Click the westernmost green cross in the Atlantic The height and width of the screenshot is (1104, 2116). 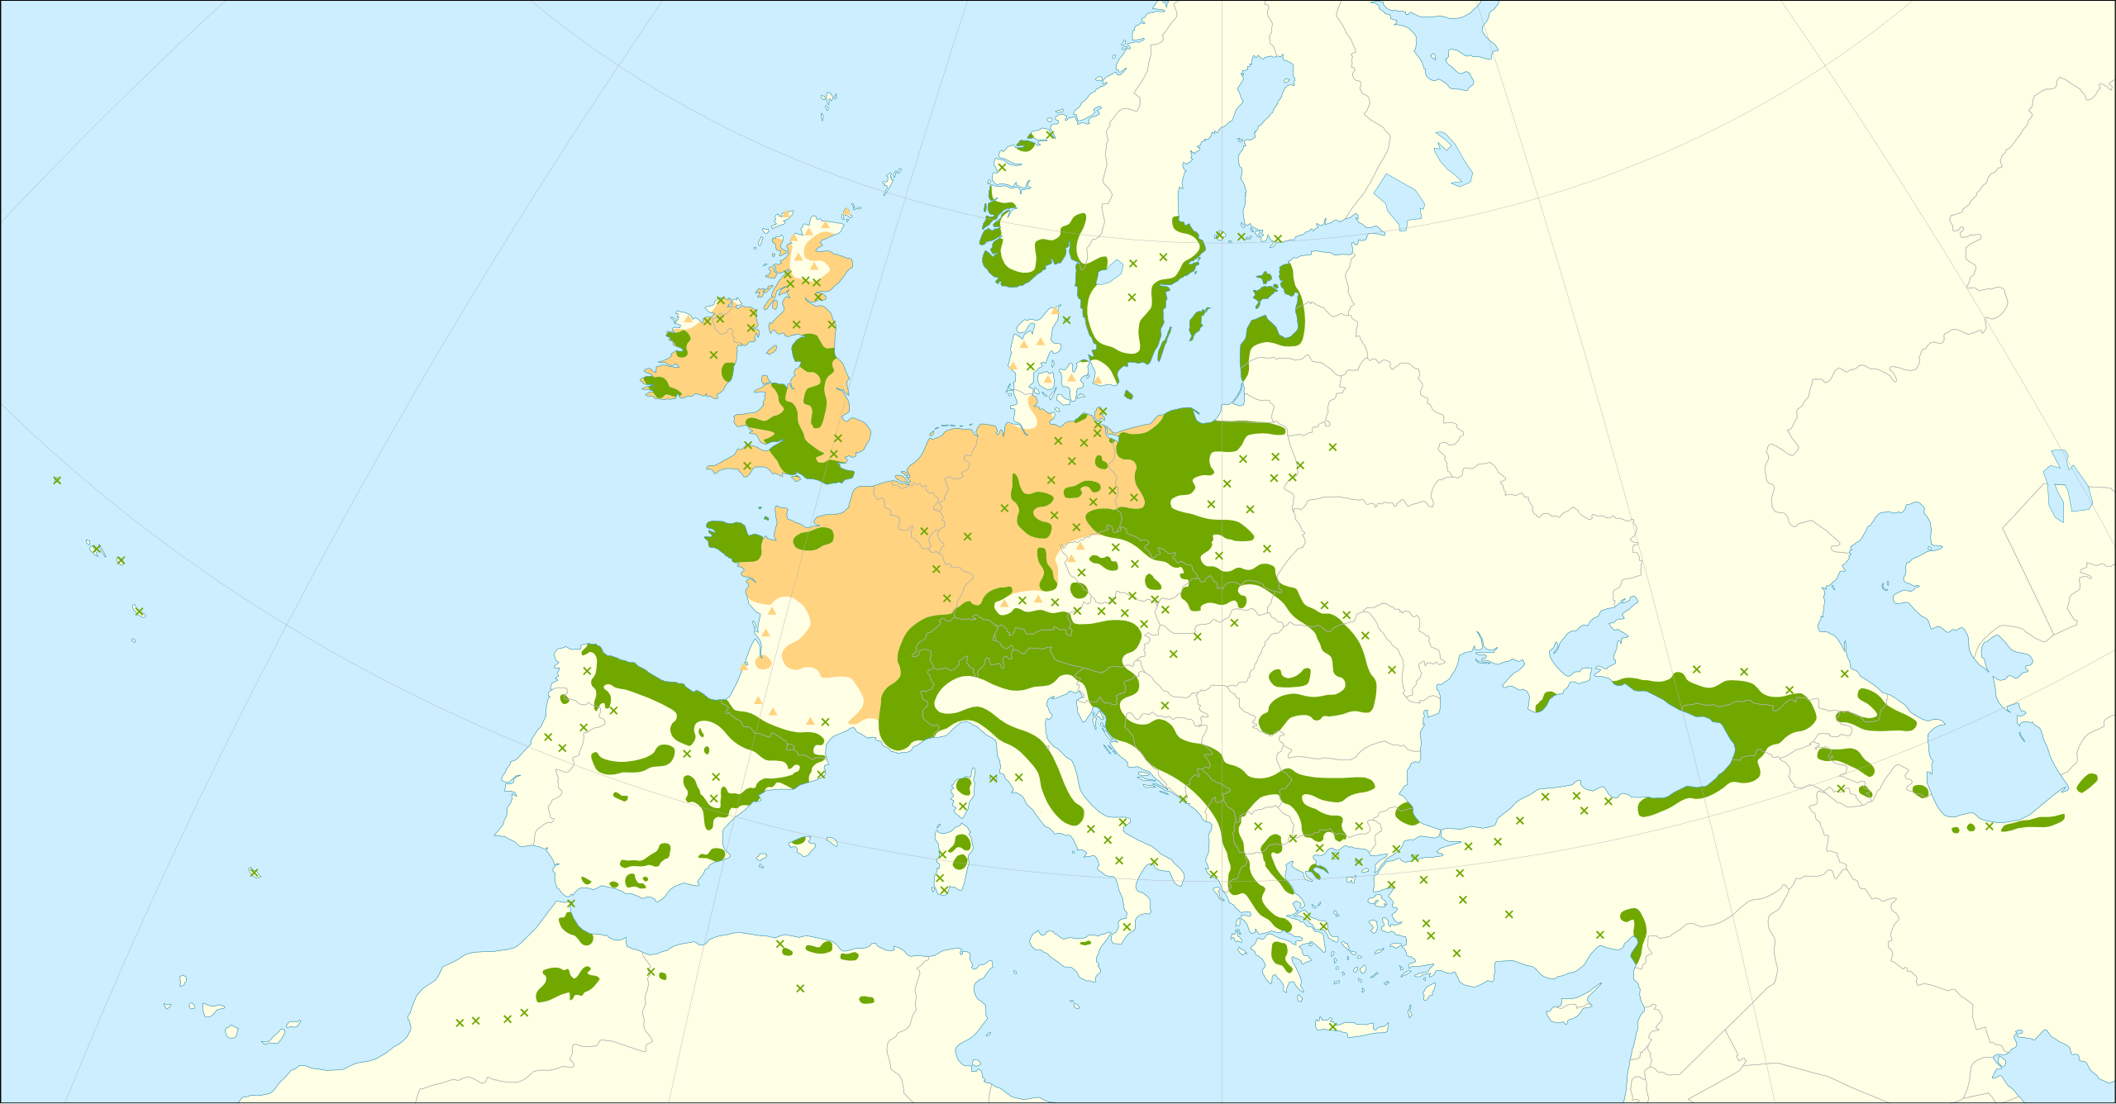click(x=57, y=480)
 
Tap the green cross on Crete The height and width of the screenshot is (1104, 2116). click(x=1332, y=1026)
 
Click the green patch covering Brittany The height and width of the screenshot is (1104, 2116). click(x=732, y=540)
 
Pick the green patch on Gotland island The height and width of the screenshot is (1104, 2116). click(x=1196, y=324)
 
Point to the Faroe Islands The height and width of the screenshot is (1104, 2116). click(x=827, y=102)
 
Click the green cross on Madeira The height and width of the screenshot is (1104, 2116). click(x=254, y=873)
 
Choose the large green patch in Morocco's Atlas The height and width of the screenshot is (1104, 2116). click(x=567, y=983)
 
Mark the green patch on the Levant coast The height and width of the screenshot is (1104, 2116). click(x=1637, y=934)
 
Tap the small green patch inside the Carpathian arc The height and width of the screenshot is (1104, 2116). click(x=1289, y=679)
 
